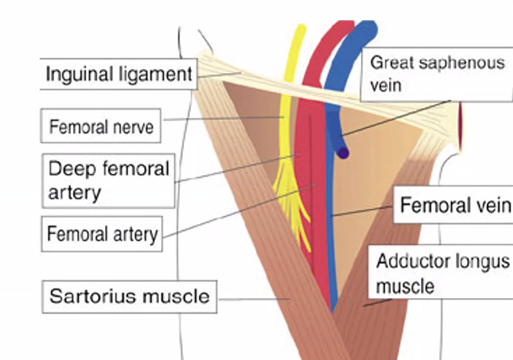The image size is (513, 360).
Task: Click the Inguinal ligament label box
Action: coord(118,74)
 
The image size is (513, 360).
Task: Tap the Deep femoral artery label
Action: coord(108,180)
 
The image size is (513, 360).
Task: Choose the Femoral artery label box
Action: coord(102,234)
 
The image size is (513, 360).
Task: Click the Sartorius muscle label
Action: coord(129,295)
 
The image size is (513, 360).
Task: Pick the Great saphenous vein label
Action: coord(436,73)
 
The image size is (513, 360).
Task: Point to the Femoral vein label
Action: coord(454,205)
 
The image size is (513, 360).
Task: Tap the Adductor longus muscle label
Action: coord(442,274)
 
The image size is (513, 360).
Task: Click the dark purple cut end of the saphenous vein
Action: coord(342,152)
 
